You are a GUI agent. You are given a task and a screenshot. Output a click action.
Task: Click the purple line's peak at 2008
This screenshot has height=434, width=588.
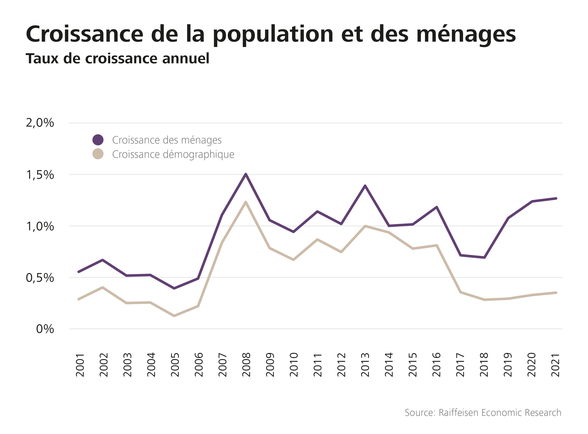click(246, 174)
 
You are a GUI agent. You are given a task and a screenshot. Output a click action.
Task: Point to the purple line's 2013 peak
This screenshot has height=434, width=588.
click(365, 186)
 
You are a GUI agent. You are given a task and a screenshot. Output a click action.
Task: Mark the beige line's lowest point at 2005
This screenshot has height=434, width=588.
click(174, 316)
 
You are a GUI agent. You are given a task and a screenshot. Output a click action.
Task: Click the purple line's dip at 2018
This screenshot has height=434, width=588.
click(484, 257)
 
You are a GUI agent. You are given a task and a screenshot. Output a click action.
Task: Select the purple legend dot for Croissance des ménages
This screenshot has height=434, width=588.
click(98, 140)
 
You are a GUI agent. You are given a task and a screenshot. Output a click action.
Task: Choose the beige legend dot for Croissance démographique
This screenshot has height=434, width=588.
click(98, 154)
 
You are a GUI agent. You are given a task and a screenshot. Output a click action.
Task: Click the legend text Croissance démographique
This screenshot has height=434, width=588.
click(173, 155)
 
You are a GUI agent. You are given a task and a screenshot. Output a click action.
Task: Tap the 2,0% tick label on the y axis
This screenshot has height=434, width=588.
click(40, 123)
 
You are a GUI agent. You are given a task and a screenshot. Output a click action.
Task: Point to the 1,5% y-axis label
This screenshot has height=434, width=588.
click(40, 175)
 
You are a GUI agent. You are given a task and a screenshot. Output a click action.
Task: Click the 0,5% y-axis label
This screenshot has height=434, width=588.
click(40, 278)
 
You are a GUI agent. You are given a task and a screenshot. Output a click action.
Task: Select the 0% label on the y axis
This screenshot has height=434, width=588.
click(45, 329)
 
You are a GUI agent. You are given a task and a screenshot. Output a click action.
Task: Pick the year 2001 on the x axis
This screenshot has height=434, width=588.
click(80, 365)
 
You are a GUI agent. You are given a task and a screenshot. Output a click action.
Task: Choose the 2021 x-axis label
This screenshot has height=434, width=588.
click(556, 365)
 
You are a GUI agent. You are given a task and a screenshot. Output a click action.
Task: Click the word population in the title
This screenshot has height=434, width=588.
click(273, 34)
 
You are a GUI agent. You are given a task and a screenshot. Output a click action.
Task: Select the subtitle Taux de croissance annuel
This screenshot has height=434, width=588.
click(118, 58)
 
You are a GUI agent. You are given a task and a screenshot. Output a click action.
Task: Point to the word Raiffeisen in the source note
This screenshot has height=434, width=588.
click(459, 413)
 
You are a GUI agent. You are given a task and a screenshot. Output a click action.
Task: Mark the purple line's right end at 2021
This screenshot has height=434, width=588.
click(556, 198)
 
